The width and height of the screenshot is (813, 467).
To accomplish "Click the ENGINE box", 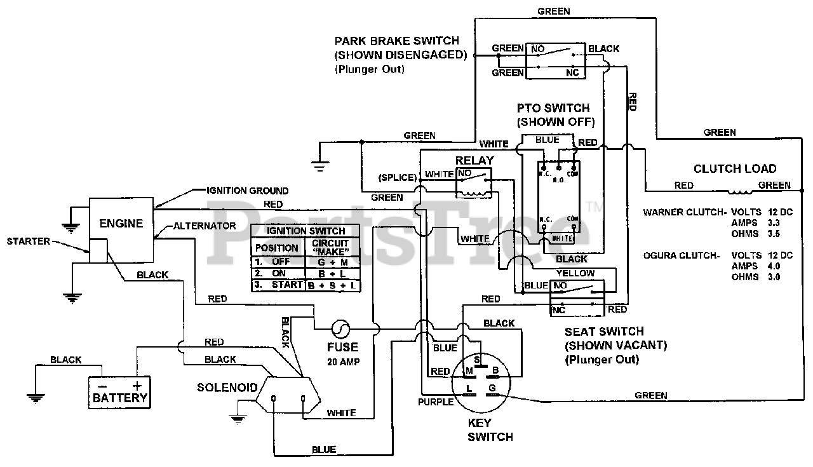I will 121,224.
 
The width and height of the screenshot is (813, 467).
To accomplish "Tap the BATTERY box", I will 119,391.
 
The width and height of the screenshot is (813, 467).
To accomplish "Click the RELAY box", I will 474,182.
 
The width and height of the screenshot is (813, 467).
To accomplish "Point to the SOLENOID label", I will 227,387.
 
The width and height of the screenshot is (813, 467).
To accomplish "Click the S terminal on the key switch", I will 476,360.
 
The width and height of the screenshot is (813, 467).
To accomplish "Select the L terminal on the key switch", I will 469,388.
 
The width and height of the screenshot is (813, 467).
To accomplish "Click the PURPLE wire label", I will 435,402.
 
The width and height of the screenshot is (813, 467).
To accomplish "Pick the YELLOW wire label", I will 575,273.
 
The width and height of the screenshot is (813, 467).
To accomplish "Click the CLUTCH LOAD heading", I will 734,168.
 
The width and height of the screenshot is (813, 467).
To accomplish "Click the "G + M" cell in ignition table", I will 333,261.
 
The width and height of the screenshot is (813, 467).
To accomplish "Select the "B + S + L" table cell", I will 333,285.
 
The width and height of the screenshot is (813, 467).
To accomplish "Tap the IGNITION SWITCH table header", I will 306,231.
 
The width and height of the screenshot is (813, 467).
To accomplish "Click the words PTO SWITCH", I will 553,108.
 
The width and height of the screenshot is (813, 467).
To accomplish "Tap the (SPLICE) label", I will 398,177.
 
